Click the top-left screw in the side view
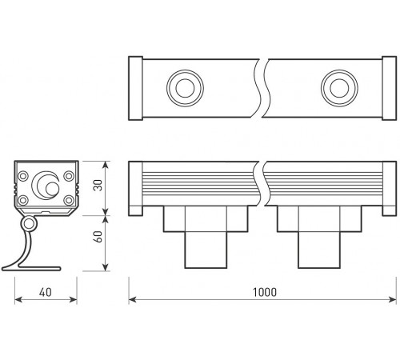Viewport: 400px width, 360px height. coord(23,175)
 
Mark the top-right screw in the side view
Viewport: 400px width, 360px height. coord(68,175)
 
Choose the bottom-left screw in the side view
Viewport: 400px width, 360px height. coord(23,200)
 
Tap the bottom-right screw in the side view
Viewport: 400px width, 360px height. coord(68,200)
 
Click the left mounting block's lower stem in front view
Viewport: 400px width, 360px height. coord(198,250)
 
